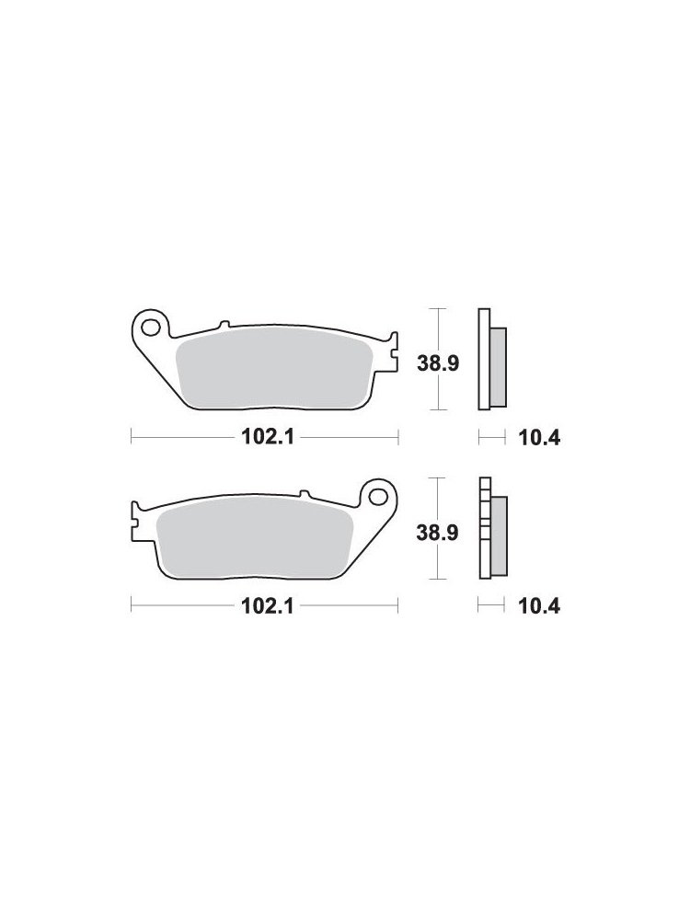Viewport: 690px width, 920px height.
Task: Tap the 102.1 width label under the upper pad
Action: (267, 437)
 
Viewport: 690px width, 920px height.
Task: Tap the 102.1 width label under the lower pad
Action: (267, 606)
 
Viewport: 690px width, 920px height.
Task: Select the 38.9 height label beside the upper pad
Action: (438, 363)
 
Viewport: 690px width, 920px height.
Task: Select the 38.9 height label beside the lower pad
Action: (437, 534)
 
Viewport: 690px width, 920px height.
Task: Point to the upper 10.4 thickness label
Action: (539, 438)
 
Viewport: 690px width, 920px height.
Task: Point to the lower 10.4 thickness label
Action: (539, 606)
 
